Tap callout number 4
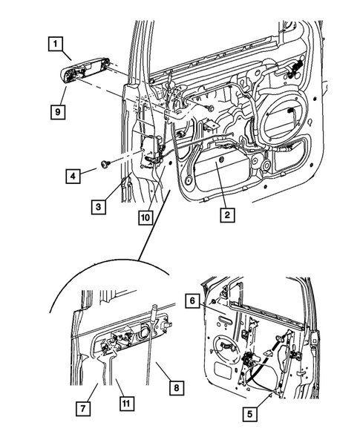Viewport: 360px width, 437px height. [72, 177]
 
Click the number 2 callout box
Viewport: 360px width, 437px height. [226, 216]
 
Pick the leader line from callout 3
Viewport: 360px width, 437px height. [108, 192]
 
